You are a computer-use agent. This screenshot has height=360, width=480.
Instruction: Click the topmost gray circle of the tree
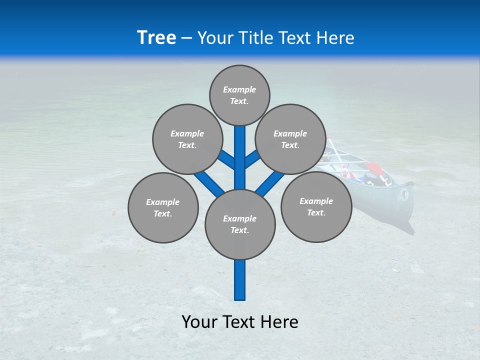pyautogui.click(x=239, y=95)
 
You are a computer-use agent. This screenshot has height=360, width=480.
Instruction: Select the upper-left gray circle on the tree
pyautogui.click(x=187, y=139)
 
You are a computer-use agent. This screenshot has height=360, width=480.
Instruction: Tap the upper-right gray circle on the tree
pyautogui.click(x=290, y=139)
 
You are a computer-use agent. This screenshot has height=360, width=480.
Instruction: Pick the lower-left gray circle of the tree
pyautogui.click(x=163, y=207)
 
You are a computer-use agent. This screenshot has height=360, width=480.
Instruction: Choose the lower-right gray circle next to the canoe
pyautogui.click(x=316, y=206)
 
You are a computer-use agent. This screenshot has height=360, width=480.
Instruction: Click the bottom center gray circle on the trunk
pyautogui.click(x=240, y=224)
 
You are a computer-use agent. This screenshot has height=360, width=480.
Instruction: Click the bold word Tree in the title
pyautogui.click(x=156, y=37)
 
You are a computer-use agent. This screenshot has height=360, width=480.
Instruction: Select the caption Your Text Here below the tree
pyautogui.click(x=240, y=321)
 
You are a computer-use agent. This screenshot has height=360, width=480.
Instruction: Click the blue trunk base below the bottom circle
pyautogui.click(x=240, y=280)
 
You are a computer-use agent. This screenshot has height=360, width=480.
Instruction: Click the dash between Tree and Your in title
pyautogui.click(x=186, y=38)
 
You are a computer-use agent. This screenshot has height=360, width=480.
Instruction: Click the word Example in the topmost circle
pyautogui.click(x=239, y=89)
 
